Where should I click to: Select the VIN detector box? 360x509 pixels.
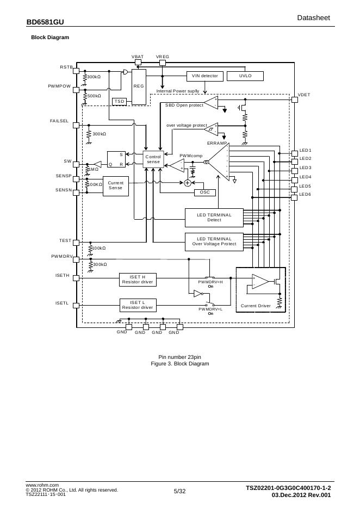point(204,76)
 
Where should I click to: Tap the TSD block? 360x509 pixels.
point(120,101)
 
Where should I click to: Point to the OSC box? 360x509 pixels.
point(204,193)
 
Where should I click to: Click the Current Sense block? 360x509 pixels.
point(116,185)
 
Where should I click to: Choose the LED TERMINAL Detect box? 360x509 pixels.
point(214,218)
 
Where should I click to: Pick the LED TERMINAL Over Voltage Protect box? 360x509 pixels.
point(214,241)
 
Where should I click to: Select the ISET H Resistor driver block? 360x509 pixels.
point(138,280)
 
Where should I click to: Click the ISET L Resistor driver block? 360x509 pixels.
point(138,305)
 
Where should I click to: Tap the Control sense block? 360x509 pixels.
point(153,159)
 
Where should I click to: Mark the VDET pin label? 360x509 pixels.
point(304,95)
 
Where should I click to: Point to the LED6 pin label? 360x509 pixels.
point(305,195)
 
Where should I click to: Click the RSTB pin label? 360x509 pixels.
point(66,67)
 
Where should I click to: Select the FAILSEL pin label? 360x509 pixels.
point(59,121)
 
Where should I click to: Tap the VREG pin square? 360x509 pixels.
point(163,62)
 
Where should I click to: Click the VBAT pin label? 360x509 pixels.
point(138,57)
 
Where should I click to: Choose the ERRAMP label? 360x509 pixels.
point(216,143)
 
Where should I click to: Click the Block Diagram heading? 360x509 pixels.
point(50,38)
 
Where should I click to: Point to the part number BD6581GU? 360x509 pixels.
point(45,22)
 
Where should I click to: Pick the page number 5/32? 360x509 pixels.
point(179,492)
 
